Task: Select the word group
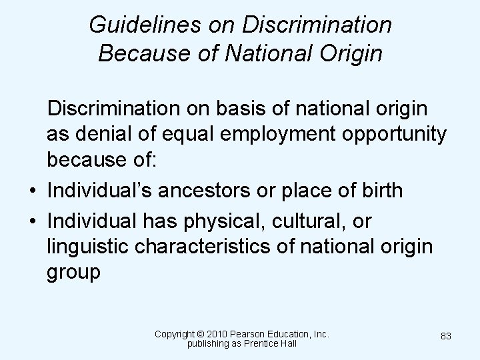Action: coord(74,275)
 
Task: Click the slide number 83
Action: coord(445,337)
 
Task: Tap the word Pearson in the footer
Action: coord(254,332)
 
